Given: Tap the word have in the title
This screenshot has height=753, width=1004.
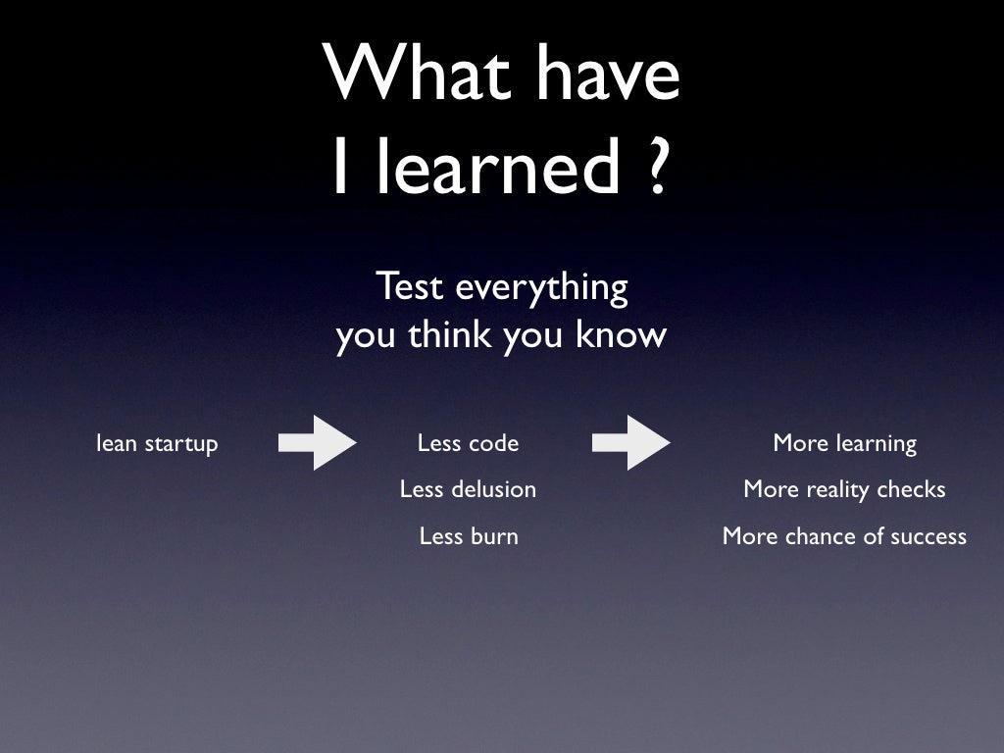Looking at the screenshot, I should [609, 75].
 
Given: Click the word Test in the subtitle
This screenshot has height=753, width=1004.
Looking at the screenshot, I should [407, 287].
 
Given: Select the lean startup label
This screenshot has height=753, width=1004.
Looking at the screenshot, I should [157, 444].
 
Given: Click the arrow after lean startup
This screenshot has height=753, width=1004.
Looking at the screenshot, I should [318, 443].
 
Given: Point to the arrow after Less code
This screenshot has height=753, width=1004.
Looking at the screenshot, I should [631, 443].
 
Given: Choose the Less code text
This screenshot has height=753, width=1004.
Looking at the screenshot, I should [468, 443].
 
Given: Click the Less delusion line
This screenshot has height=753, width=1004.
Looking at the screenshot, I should [468, 489].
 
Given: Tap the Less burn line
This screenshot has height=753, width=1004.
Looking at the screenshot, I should [468, 536].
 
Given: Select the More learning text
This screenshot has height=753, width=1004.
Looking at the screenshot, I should [844, 444].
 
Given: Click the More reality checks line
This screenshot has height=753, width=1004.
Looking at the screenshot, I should [844, 489].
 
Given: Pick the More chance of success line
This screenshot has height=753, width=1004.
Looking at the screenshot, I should [844, 536].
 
